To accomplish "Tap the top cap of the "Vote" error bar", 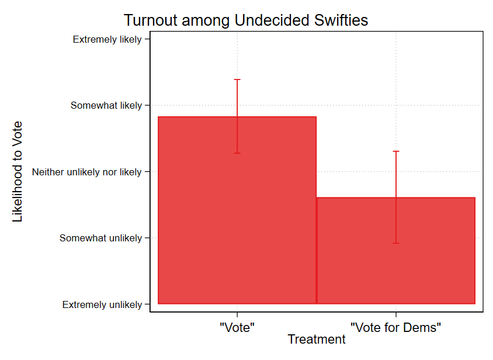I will (237, 79).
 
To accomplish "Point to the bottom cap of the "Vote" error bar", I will (237, 153).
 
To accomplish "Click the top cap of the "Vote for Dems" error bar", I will (396, 151).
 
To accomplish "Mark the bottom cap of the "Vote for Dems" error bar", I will (396, 243).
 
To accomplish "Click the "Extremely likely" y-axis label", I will (107, 39).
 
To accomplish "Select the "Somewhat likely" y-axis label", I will (106, 106).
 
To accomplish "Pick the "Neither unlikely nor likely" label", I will (87, 172).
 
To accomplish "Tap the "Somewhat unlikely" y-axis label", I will (101, 238).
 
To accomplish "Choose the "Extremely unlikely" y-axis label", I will (102, 304).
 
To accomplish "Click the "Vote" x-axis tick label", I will (237, 327).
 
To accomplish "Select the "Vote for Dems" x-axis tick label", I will (395, 327).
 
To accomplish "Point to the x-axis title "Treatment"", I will (317, 340).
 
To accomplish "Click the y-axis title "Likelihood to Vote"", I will (18, 171).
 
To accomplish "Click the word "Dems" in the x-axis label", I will (422, 327).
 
